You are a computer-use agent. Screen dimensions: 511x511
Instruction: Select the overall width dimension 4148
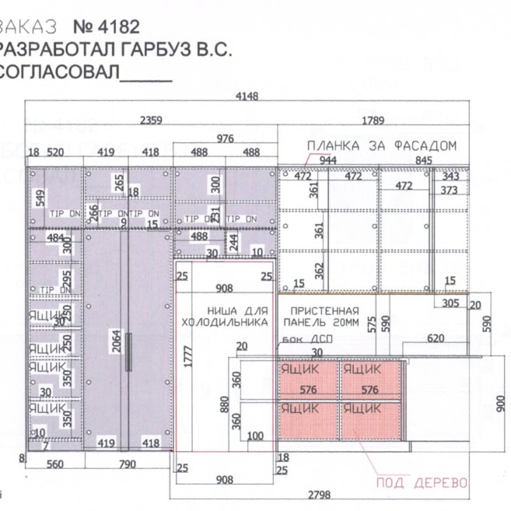click(247, 97)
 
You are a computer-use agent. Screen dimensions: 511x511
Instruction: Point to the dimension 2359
click(152, 121)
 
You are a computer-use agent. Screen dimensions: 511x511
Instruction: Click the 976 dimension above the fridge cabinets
click(225, 138)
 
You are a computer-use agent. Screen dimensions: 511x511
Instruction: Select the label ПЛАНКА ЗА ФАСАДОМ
click(381, 145)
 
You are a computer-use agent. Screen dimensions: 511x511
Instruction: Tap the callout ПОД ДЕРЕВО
click(422, 484)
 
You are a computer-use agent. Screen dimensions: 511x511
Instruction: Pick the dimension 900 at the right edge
click(502, 404)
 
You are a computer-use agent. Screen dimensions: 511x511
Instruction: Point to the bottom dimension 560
click(54, 464)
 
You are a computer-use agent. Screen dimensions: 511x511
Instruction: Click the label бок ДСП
click(296, 340)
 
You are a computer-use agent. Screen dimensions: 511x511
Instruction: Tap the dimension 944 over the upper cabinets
click(327, 159)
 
